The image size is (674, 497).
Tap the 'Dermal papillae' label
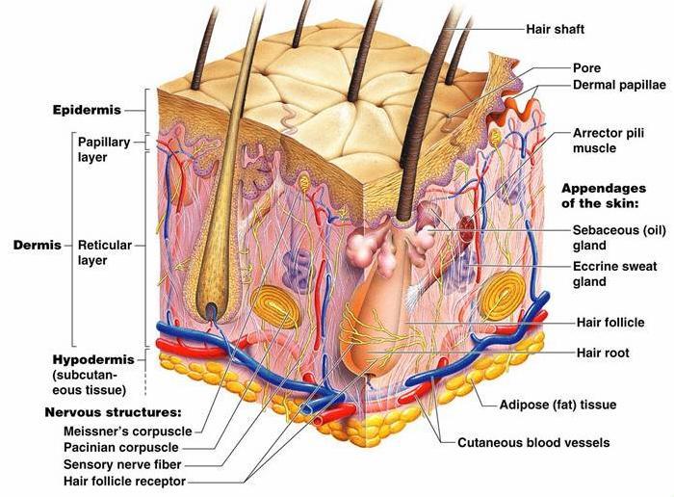[x=619, y=85]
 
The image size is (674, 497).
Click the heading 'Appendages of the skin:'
[x=613, y=196]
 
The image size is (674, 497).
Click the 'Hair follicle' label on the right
[x=610, y=323]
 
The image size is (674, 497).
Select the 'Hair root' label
[x=602, y=353]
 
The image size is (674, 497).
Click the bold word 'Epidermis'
[x=87, y=110]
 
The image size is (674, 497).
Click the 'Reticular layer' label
[x=105, y=252]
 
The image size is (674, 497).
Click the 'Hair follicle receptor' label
[x=125, y=480]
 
